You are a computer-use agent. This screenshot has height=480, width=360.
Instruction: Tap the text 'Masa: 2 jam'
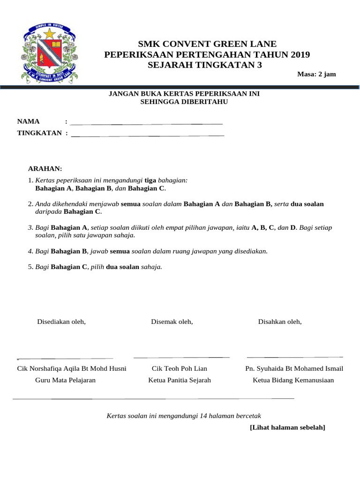(x=316, y=74)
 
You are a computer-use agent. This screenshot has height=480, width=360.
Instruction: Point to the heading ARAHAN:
(x=45, y=169)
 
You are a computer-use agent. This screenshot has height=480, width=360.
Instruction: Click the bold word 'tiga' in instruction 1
(x=150, y=180)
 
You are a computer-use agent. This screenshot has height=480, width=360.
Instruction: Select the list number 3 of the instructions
(x=30, y=227)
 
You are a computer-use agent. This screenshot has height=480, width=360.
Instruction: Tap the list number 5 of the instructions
(x=30, y=267)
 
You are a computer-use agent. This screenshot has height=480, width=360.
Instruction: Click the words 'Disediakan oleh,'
(x=61, y=322)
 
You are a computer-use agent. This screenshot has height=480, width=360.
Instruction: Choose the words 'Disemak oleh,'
(x=172, y=322)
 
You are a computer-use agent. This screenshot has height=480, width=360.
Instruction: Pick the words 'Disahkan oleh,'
(x=280, y=322)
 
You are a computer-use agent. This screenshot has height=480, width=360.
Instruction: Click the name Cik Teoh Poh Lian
(x=180, y=368)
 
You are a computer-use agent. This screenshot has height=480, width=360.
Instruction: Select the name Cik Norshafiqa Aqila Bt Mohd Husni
(x=72, y=368)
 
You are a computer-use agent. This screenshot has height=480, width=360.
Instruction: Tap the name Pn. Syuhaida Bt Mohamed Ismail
(x=294, y=368)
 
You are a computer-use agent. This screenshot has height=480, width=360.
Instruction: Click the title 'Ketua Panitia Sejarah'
(x=180, y=380)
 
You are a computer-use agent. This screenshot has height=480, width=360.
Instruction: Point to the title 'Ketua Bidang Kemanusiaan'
(x=293, y=380)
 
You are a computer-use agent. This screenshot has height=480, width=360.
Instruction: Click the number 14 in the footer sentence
(x=204, y=415)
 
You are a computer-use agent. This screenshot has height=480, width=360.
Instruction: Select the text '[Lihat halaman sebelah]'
(x=287, y=427)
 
